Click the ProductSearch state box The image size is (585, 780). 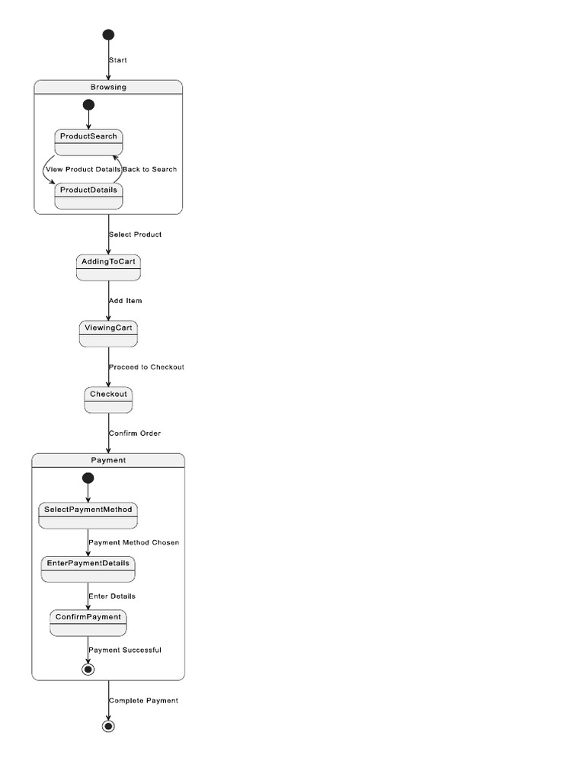click(88, 142)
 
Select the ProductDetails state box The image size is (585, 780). click(88, 196)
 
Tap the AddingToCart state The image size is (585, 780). click(108, 268)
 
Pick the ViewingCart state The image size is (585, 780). click(108, 334)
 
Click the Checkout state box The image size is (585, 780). click(108, 401)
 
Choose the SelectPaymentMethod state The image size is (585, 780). click(88, 516)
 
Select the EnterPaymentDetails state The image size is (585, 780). click(88, 569)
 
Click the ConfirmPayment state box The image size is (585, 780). click(88, 623)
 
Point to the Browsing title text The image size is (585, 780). click(108, 87)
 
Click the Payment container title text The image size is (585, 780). click(108, 460)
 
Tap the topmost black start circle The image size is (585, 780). click(108, 34)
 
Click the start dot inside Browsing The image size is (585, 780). click(88, 105)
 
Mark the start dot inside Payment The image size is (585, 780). click(88, 478)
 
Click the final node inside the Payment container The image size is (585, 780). click(88, 669)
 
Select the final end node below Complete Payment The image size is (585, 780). click(108, 726)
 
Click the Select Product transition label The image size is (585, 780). click(135, 235)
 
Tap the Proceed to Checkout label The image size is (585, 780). click(146, 367)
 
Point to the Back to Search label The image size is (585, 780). click(150, 169)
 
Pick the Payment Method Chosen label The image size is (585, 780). click(134, 542)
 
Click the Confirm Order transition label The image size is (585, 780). click(135, 433)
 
